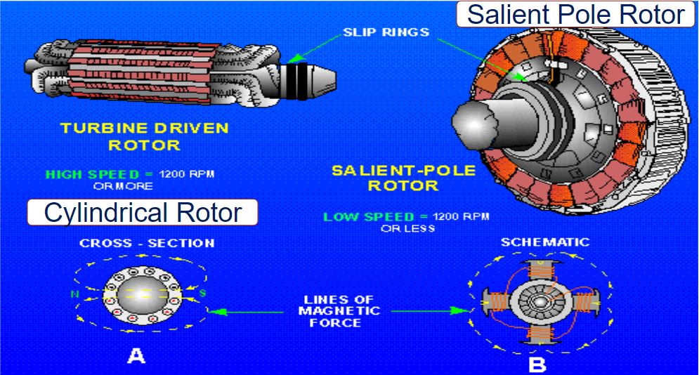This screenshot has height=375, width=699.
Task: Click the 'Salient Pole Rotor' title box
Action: (x=575, y=15)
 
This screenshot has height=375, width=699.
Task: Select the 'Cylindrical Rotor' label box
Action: (x=143, y=212)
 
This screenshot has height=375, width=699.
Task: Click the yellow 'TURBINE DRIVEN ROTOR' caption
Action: (x=145, y=137)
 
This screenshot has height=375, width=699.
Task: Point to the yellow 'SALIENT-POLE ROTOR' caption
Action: (x=403, y=178)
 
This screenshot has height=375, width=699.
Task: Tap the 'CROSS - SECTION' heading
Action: (x=146, y=244)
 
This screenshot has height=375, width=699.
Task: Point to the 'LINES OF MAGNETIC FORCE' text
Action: (x=339, y=310)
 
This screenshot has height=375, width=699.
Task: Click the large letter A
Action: (x=136, y=356)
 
